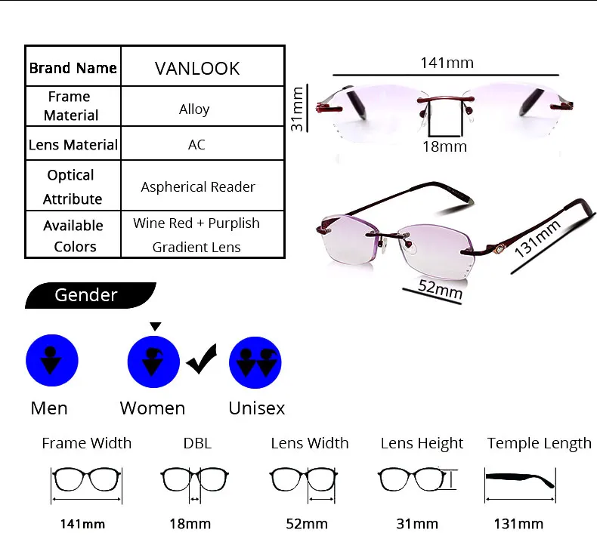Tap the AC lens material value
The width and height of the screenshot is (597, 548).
tap(196, 144)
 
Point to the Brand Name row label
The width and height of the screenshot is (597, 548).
tap(73, 68)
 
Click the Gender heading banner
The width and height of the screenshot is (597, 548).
tap(90, 295)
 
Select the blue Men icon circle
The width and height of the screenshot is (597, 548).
tap(52, 361)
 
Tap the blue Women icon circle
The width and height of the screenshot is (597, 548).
tap(153, 362)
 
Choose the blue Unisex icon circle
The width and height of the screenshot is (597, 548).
tap(255, 362)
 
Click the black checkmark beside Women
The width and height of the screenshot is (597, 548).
tap(202, 359)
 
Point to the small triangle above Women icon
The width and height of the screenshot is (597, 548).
tap(156, 326)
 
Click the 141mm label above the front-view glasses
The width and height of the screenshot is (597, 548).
tap(447, 63)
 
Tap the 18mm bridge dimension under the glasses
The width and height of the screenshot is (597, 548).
tap(444, 146)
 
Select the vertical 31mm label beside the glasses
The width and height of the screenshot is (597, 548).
tap(297, 109)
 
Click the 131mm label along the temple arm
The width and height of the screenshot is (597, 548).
tap(537, 239)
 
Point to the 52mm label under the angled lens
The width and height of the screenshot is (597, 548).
tap(440, 289)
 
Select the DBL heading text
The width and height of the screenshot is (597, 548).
tap(197, 443)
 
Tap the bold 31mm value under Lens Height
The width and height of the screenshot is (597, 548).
tap(417, 524)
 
